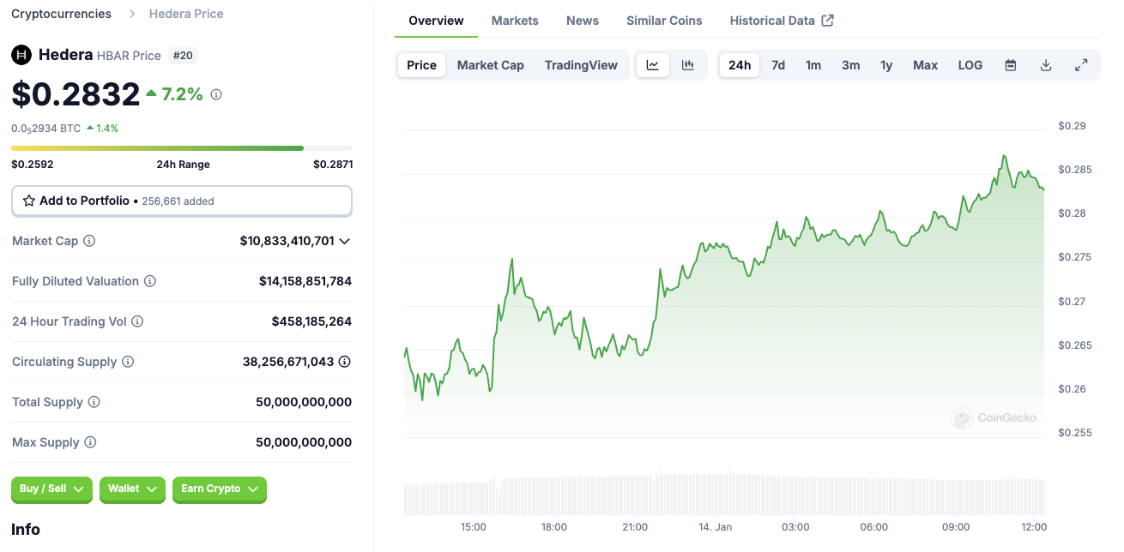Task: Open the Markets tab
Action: tap(514, 21)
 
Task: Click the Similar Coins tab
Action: tap(664, 21)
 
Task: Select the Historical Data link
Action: tap(782, 21)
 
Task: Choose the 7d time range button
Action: tap(777, 65)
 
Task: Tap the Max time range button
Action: tap(925, 65)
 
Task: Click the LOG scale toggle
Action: tap(970, 65)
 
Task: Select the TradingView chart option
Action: tap(581, 65)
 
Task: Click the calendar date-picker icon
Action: tap(1011, 65)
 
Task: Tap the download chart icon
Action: tap(1046, 65)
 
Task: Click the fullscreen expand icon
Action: tap(1081, 65)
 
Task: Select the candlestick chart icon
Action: tap(687, 65)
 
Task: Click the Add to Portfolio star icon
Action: tap(29, 201)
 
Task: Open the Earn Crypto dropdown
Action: tap(220, 489)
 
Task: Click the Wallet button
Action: tap(132, 489)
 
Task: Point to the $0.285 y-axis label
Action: tap(1075, 170)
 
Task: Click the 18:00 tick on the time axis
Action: tap(554, 527)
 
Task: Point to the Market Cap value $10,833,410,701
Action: tap(287, 241)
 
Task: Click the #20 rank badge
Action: tap(183, 55)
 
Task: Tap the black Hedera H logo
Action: tap(21, 55)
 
